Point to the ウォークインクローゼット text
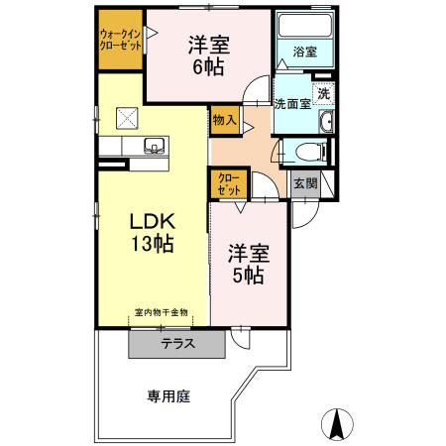click(x=121, y=41)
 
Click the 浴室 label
click(x=304, y=52)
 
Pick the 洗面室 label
click(x=292, y=103)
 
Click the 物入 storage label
click(x=224, y=120)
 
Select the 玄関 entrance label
click(x=303, y=183)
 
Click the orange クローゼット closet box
click(x=228, y=183)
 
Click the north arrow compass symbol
click(x=337, y=424)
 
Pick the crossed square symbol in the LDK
click(x=128, y=117)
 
